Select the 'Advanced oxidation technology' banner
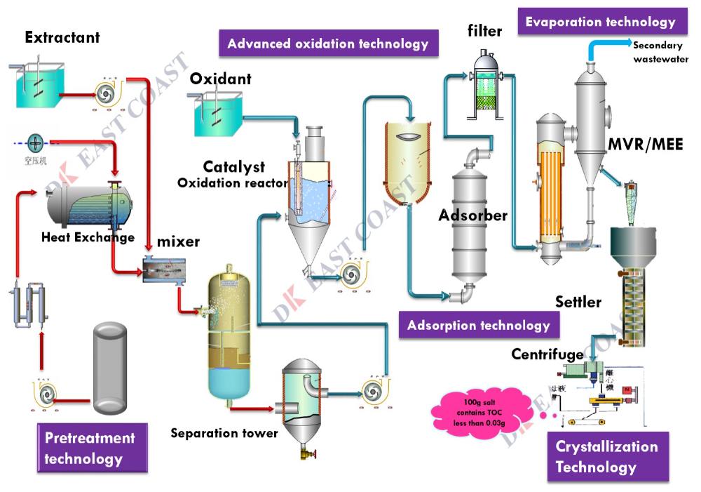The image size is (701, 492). [x=328, y=44]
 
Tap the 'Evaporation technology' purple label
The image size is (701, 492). [x=601, y=22]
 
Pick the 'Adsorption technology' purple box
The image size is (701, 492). [x=479, y=325]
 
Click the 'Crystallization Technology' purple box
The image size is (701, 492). [x=607, y=456]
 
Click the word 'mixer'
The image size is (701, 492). [x=178, y=242]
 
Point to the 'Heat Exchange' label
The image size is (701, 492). [x=88, y=237]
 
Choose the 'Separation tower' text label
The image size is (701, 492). [x=224, y=433]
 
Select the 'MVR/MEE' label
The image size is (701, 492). [x=646, y=145]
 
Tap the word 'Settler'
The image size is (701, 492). [x=578, y=302]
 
